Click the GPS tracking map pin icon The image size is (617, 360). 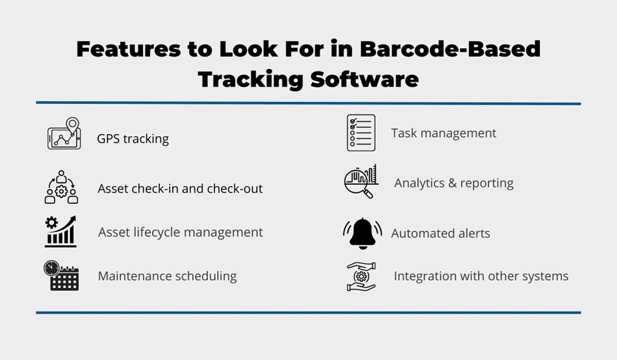[64, 133]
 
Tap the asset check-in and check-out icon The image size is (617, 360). [61, 187]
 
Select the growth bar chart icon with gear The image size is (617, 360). [60, 232]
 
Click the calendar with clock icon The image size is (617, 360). [61, 275]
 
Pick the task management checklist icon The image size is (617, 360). [361, 133]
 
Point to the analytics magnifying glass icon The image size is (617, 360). [361, 182]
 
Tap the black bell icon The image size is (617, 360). [362, 233]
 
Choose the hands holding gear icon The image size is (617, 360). [361, 276]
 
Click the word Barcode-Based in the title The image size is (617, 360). [450, 49]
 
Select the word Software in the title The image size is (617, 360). [365, 79]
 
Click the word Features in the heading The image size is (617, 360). [128, 49]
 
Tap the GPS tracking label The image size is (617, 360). [133, 139]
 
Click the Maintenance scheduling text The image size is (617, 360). [167, 276]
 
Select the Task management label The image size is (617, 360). [444, 133]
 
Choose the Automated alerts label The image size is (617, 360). [440, 233]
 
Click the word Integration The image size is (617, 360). [425, 276]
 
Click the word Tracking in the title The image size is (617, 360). [250, 80]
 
